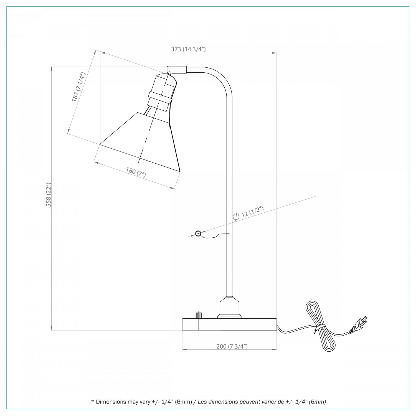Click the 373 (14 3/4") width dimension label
click(188, 49)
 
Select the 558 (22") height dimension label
click(49, 195)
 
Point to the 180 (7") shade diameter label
click(136, 172)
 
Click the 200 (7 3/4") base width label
click(232, 346)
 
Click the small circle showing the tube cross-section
click(198, 234)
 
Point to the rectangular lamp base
click(229, 324)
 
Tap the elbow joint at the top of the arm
click(177, 70)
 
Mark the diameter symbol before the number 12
click(236, 217)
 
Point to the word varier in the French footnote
click(267, 402)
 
